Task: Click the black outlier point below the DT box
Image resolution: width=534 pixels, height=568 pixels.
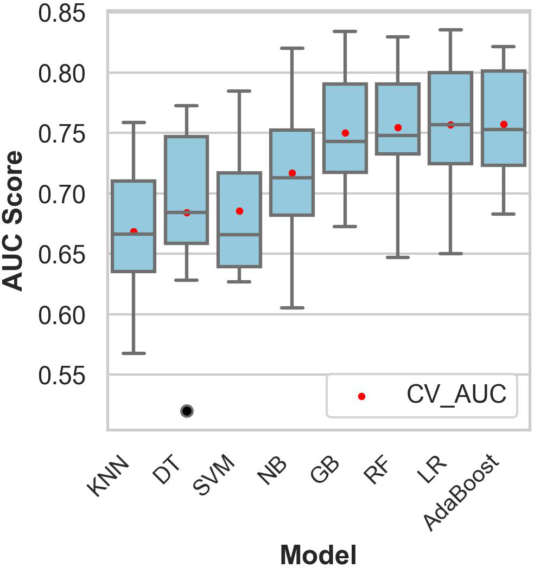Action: coord(187,411)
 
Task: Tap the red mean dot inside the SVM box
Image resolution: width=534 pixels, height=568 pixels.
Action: coord(239,211)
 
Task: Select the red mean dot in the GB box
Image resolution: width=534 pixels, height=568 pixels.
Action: coord(345,133)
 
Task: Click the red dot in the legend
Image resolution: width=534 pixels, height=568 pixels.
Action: coord(362,396)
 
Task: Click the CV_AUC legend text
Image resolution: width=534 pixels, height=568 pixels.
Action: coord(456,395)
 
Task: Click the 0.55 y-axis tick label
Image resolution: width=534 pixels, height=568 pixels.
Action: coord(62,375)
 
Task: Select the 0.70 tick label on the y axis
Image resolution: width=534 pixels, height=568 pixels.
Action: coord(62,193)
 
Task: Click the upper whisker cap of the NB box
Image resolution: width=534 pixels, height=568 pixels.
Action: coord(293,48)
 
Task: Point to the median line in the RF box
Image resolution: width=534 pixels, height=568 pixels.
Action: coord(398,135)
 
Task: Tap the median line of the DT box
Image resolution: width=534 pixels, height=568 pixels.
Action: coord(187,212)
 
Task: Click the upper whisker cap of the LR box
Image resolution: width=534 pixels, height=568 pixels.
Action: coord(450,30)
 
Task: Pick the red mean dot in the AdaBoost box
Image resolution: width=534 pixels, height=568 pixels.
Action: coord(504,124)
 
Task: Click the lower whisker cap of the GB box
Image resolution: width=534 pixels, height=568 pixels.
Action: coord(345,226)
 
